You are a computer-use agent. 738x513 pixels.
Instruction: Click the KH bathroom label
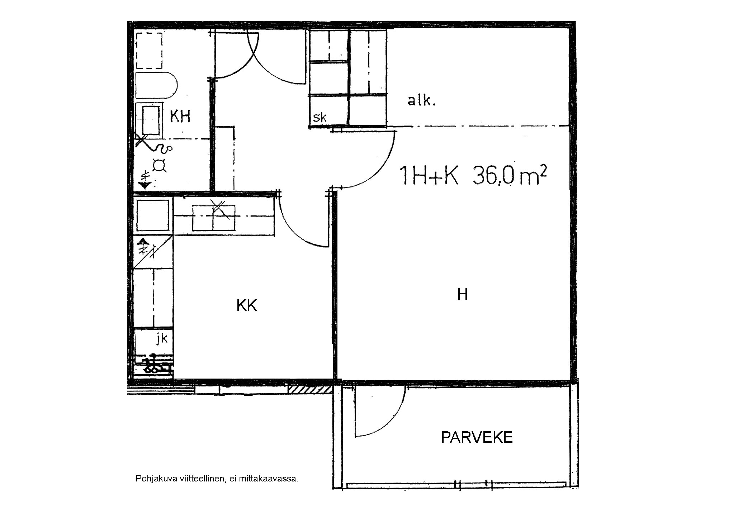pyautogui.click(x=180, y=117)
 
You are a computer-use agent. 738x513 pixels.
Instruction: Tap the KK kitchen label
pyautogui.click(x=247, y=305)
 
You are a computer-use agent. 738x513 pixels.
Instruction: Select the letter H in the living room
pyautogui.click(x=462, y=294)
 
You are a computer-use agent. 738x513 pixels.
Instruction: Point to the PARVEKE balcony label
pyautogui.click(x=477, y=437)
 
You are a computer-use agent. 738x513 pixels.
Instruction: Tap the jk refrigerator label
pyautogui.click(x=162, y=338)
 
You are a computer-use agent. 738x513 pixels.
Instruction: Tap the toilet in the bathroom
pyautogui.click(x=157, y=86)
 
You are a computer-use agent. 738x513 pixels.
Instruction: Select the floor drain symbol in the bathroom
pyautogui.click(x=159, y=165)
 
